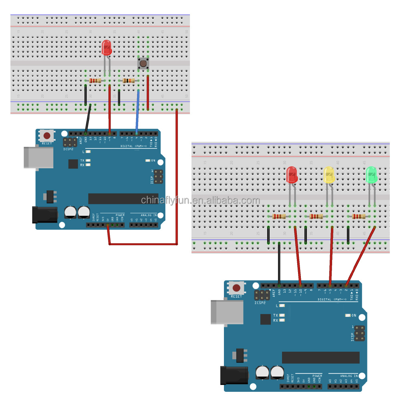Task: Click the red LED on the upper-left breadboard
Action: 107,48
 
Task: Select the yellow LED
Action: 329,175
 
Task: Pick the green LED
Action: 372,175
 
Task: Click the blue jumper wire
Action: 137,112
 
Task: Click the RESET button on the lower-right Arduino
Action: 236,288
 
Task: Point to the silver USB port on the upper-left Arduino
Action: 38,157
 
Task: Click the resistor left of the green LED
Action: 358,216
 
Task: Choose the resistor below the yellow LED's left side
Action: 316,216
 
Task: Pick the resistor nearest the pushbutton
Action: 129,81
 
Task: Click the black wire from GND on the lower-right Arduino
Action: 279,264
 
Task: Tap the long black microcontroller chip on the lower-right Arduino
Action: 320,357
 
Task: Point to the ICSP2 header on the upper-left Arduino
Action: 70,142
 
